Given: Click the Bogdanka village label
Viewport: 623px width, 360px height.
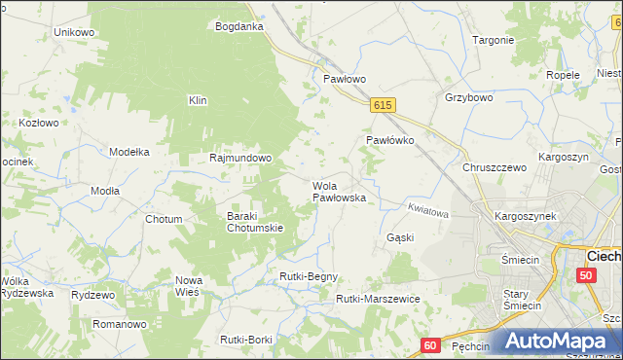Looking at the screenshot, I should (239, 26).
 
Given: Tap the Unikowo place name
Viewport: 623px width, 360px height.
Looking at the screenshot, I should (74, 32).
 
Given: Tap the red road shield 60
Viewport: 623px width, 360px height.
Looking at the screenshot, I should (432, 344).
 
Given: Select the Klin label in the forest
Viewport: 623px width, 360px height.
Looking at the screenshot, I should (199, 100).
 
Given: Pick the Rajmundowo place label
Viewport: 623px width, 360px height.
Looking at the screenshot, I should (240, 157).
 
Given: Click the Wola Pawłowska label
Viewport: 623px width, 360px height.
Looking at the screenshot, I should (339, 191).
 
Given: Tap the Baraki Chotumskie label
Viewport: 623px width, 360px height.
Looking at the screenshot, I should (255, 222).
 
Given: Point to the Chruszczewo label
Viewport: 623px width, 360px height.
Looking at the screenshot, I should (495, 167).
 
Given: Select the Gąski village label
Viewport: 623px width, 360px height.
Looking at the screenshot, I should (400, 237).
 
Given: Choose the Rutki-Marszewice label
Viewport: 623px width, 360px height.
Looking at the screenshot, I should (378, 299).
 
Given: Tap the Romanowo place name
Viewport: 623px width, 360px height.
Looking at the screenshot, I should (119, 323).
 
